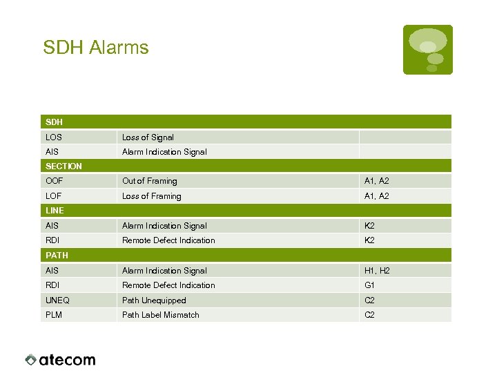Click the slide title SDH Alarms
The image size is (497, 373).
click(95, 48)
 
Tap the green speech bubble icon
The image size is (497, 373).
click(428, 49)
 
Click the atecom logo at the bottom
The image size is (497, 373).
click(61, 360)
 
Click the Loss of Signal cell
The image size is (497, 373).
click(148, 137)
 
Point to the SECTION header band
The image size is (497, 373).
click(64, 166)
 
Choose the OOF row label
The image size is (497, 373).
click(54, 181)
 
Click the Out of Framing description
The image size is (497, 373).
click(149, 181)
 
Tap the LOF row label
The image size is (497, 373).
click(54, 196)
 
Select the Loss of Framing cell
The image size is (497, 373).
click(151, 196)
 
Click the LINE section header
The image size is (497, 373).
click(55, 211)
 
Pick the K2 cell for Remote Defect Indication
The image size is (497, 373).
click(369, 240)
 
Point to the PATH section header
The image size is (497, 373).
click(57, 256)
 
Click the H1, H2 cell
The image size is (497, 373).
click(377, 271)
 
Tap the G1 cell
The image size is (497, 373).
click(369, 285)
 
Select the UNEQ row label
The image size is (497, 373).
click(57, 300)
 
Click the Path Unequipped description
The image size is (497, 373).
click(154, 300)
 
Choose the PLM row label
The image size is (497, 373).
click(54, 315)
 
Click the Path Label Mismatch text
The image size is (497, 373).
click(160, 315)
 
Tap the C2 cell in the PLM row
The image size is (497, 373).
click(369, 315)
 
